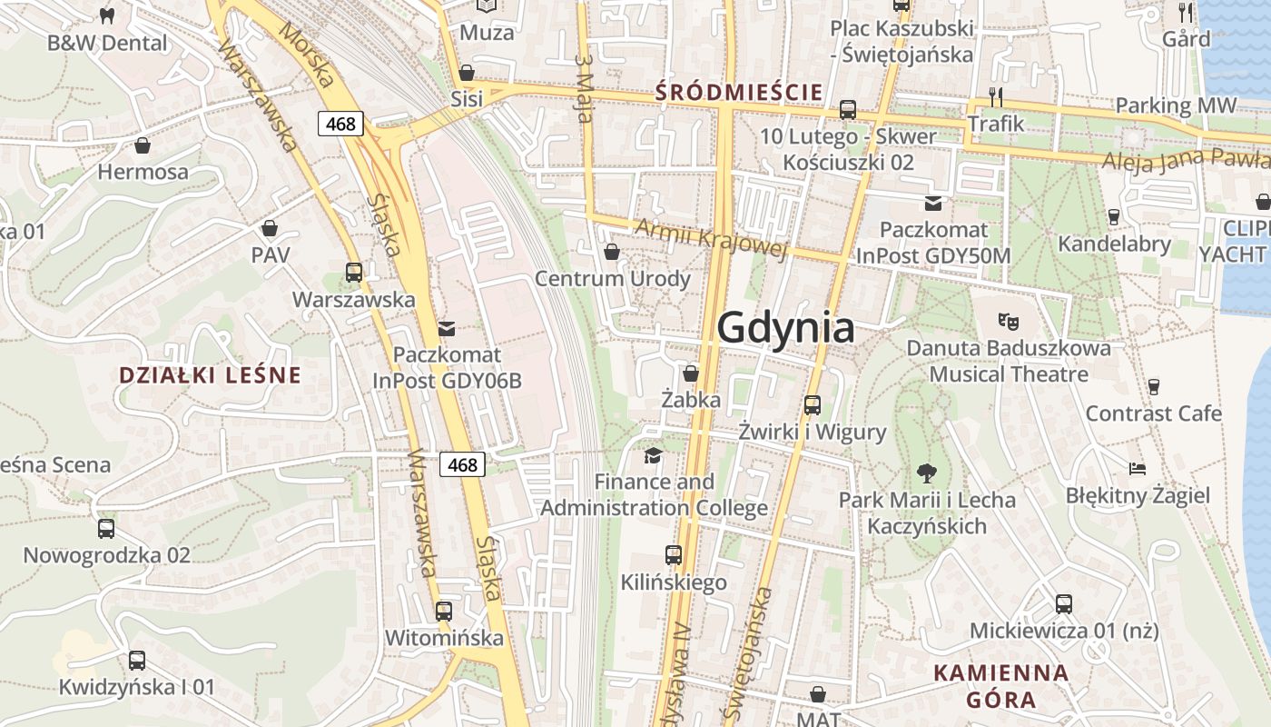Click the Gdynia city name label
pos(786,329)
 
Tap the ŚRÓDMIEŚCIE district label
pos(739,92)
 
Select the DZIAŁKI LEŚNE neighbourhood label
pos(210,375)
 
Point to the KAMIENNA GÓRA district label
pos(1001,686)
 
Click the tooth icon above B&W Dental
pos(106,15)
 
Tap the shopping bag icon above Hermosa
pos(143,145)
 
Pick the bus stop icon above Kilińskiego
pos(674,554)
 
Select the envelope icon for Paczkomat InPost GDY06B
pos(447,328)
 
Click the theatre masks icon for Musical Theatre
pos(1009,321)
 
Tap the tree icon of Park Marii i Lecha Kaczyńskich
pos(927,473)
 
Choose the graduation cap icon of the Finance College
pos(653,454)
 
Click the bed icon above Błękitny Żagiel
pos(1138,469)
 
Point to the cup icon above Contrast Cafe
pos(1154,387)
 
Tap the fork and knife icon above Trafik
pos(996,96)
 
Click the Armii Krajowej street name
pos(710,239)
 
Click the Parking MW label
pos(1176,105)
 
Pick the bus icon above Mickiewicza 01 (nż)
pos(1064,603)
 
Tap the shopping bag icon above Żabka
pos(691,373)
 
